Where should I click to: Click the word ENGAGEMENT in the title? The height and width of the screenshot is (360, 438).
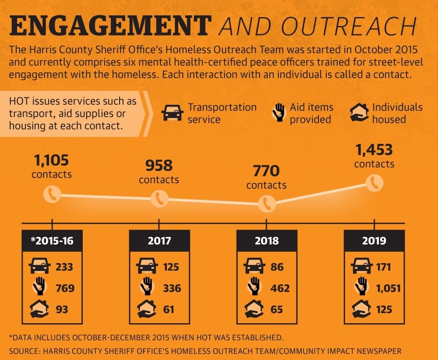pos(111,26)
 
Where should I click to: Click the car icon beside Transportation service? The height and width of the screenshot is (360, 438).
pos(172,113)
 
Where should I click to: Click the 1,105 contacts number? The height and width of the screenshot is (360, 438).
pos(51,160)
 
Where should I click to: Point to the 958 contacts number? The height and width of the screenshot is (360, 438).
pos(159,166)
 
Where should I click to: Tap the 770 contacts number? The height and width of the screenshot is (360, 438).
pos(266,171)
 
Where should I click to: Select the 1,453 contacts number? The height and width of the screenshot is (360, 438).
pos(374,150)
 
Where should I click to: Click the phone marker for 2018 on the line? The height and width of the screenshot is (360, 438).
pos(267,203)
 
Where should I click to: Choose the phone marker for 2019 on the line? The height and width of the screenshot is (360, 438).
pos(374,183)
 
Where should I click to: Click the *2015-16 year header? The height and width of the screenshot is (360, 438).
pos(52,241)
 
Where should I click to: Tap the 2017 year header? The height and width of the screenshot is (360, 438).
pos(159,241)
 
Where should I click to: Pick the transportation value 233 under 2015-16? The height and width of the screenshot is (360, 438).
pos(64,267)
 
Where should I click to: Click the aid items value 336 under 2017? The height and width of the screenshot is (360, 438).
pos(172,288)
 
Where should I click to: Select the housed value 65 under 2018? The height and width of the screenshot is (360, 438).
pos(276,310)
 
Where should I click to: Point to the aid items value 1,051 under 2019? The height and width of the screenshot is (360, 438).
pos(389,289)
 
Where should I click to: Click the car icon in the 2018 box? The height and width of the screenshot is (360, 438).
pos(254,266)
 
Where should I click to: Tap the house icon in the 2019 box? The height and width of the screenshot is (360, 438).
pos(361,309)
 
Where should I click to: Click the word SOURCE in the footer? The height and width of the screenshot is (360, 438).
pos(24,351)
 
